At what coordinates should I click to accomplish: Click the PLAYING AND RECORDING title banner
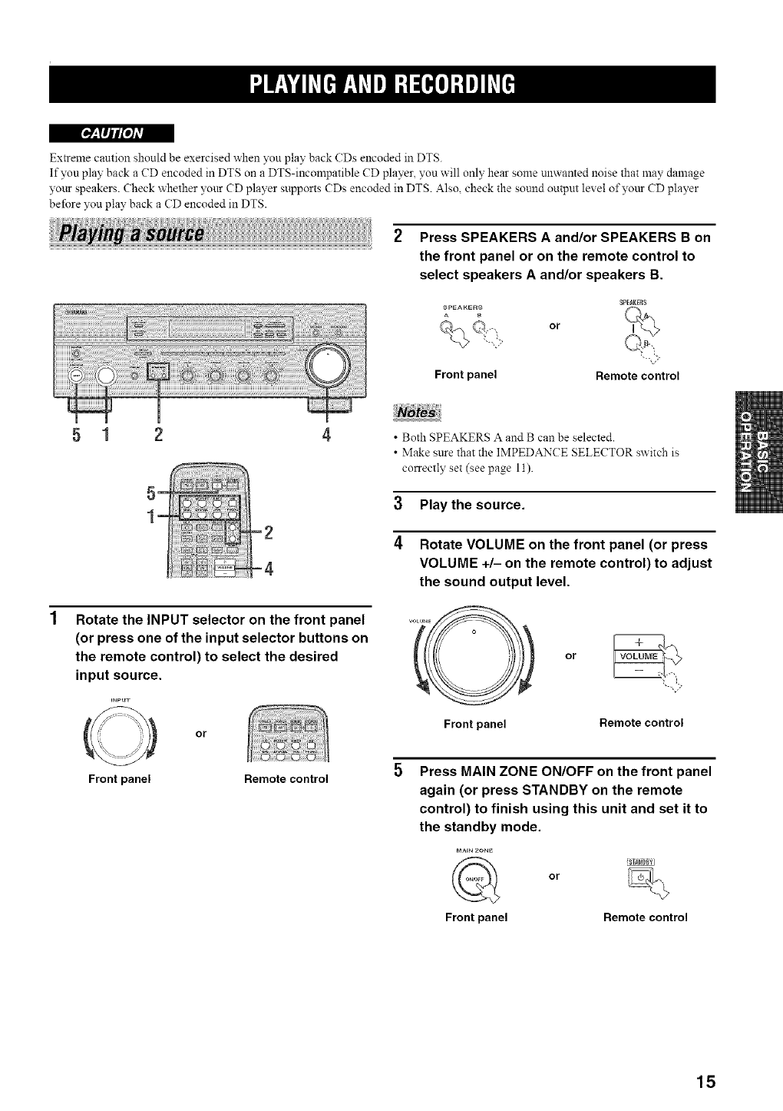[x=382, y=84]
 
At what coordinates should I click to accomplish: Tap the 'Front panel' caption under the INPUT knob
[x=119, y=778]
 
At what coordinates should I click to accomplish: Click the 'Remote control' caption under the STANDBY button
[x=645, y=917]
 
